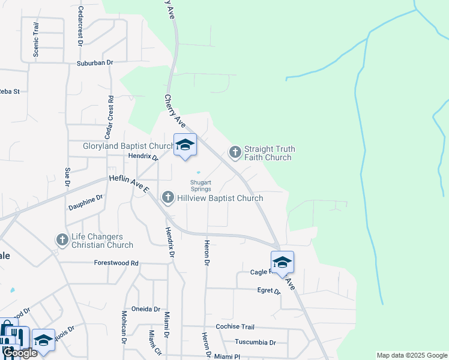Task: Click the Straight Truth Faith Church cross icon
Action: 235,152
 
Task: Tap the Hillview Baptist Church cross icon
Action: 168,197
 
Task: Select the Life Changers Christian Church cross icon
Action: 62,240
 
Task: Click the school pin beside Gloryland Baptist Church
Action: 185,145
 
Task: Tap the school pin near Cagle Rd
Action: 283,262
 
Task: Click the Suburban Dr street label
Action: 95,62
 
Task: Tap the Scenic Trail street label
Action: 36,40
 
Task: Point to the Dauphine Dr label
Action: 86,202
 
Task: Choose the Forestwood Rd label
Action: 116,263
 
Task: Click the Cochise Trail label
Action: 235,327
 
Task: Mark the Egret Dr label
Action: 268,290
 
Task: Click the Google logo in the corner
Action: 20,353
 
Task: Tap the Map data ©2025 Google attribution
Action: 412,355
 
